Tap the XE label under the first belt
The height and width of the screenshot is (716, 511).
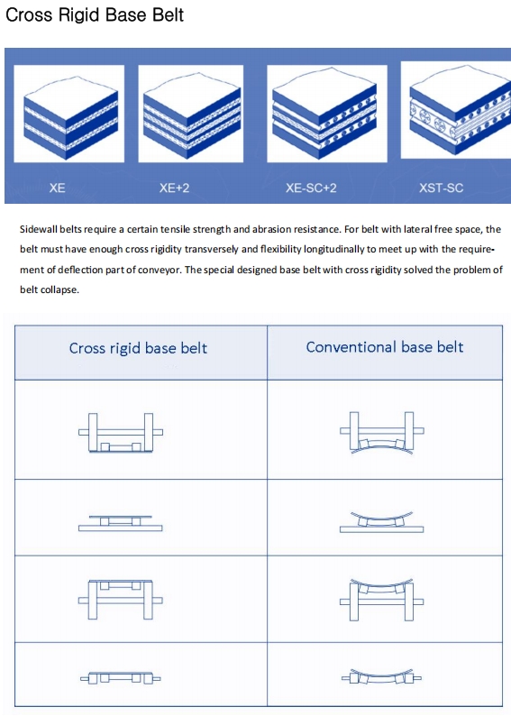pyautogui.click(x=57, y=188)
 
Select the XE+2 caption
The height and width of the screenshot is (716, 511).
pyautogui.click(x=174, y=188)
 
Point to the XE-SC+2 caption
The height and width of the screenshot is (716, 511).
pyautogui.click(x=311, y=188)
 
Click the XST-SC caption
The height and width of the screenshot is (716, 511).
pyautogui.click(x=442, y=188)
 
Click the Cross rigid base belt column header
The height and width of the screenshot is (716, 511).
pyautogui.click(x=138, y=348)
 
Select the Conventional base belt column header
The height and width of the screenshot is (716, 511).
pyautogui.click(x=385, y=347)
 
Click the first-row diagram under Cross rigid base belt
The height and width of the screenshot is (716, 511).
pyautogui.click(x=121, y=433)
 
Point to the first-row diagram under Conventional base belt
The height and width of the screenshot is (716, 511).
pyautogui.click(x=382, y=433)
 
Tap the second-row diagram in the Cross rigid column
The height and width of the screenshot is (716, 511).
pyautogui.click(x=121, y=523)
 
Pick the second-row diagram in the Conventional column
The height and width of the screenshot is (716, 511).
pyautogui.click(x=382, y=522)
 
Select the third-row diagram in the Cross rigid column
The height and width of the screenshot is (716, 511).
pyautogui.click(x=121, y=600)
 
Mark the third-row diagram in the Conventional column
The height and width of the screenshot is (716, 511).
pyautogui.click(x=382, y=600)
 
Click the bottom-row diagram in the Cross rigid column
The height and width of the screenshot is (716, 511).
pyautogui.click(x=121, y=678)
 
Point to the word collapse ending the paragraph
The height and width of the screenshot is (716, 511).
pyautogui.click(x=63, y=290)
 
